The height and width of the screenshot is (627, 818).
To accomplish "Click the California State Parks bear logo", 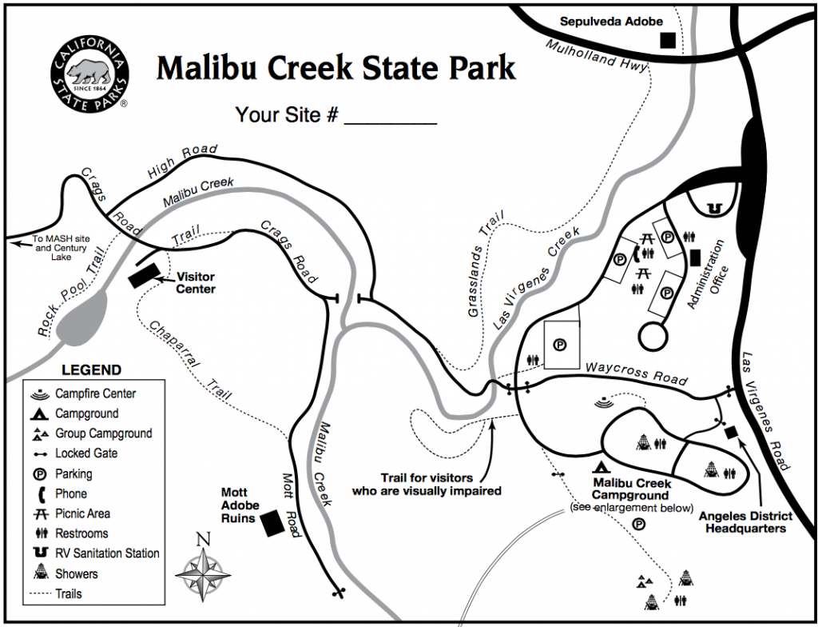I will (x=89, y=73).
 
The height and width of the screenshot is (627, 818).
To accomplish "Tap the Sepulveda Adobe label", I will (x=611, y=22).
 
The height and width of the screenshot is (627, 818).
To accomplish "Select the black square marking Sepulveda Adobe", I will (x=667, y=39).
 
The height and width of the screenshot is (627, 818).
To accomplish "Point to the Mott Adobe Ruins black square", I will (x=272, y=522).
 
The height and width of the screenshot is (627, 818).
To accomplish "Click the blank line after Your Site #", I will (x=390, y=116).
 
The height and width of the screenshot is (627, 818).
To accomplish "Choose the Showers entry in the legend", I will (x=77, y=573).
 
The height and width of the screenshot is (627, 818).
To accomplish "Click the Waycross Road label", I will (x=636, y=373).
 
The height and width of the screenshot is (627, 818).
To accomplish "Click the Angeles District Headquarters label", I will (x=742, y=521).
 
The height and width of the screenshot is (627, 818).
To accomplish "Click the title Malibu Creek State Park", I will (x=336, y=69).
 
